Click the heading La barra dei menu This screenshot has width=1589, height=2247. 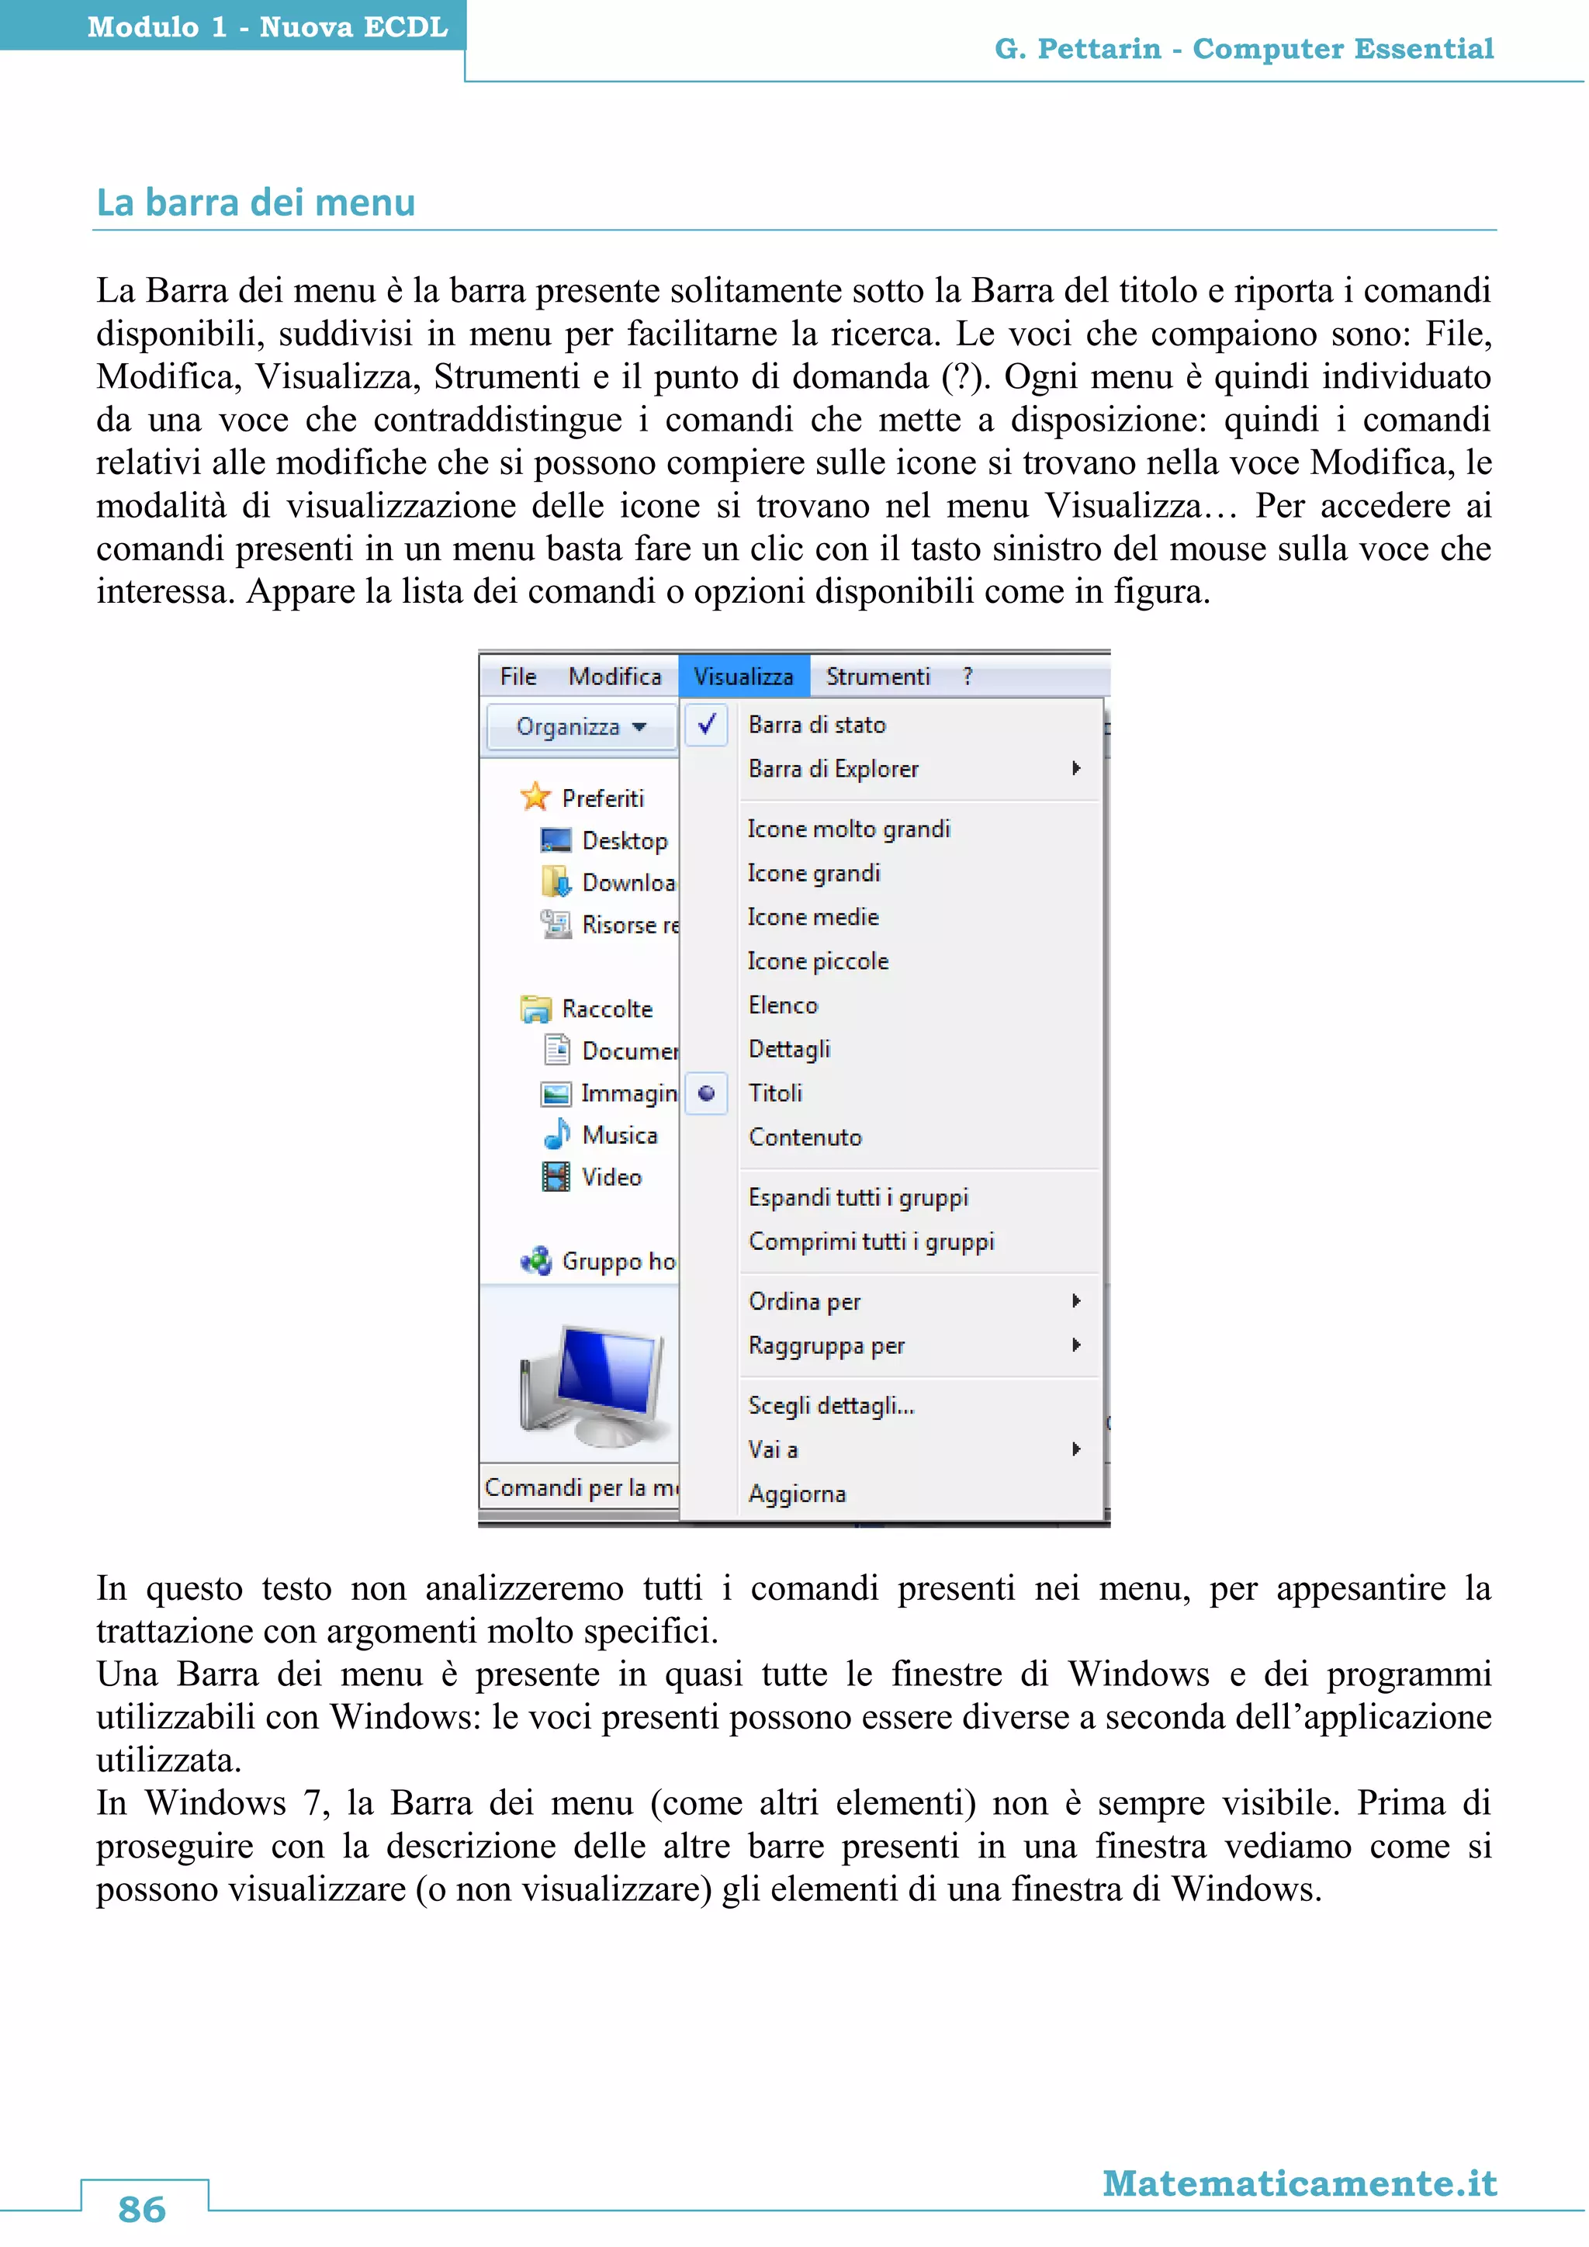[x=255, y=203]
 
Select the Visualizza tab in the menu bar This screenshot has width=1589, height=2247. [x=743, y=677]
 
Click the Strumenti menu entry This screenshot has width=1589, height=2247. [x=877, y=677]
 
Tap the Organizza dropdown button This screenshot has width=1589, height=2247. [x=581, y=727]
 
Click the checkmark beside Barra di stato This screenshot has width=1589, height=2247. [x=707, y=724]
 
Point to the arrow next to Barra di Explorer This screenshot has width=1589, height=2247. [x=1075, y=768]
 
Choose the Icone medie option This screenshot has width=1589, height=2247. [x=813, y=917]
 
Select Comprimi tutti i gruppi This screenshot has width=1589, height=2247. [x=871, y=1241]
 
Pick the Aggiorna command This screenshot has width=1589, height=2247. [x=797, y=1494]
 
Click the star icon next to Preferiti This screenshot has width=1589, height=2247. [x=535, y=797]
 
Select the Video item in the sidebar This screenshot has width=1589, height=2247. [x=611, y=1176]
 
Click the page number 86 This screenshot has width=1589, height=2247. [x=143, y=2209]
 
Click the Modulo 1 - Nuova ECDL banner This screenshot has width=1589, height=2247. [x=266, y=26]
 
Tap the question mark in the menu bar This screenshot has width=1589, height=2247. [x=967, y=677]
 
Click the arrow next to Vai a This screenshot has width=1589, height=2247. [x=1075, y=1449]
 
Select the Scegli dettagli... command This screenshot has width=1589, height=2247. [x=831, y=1405]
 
